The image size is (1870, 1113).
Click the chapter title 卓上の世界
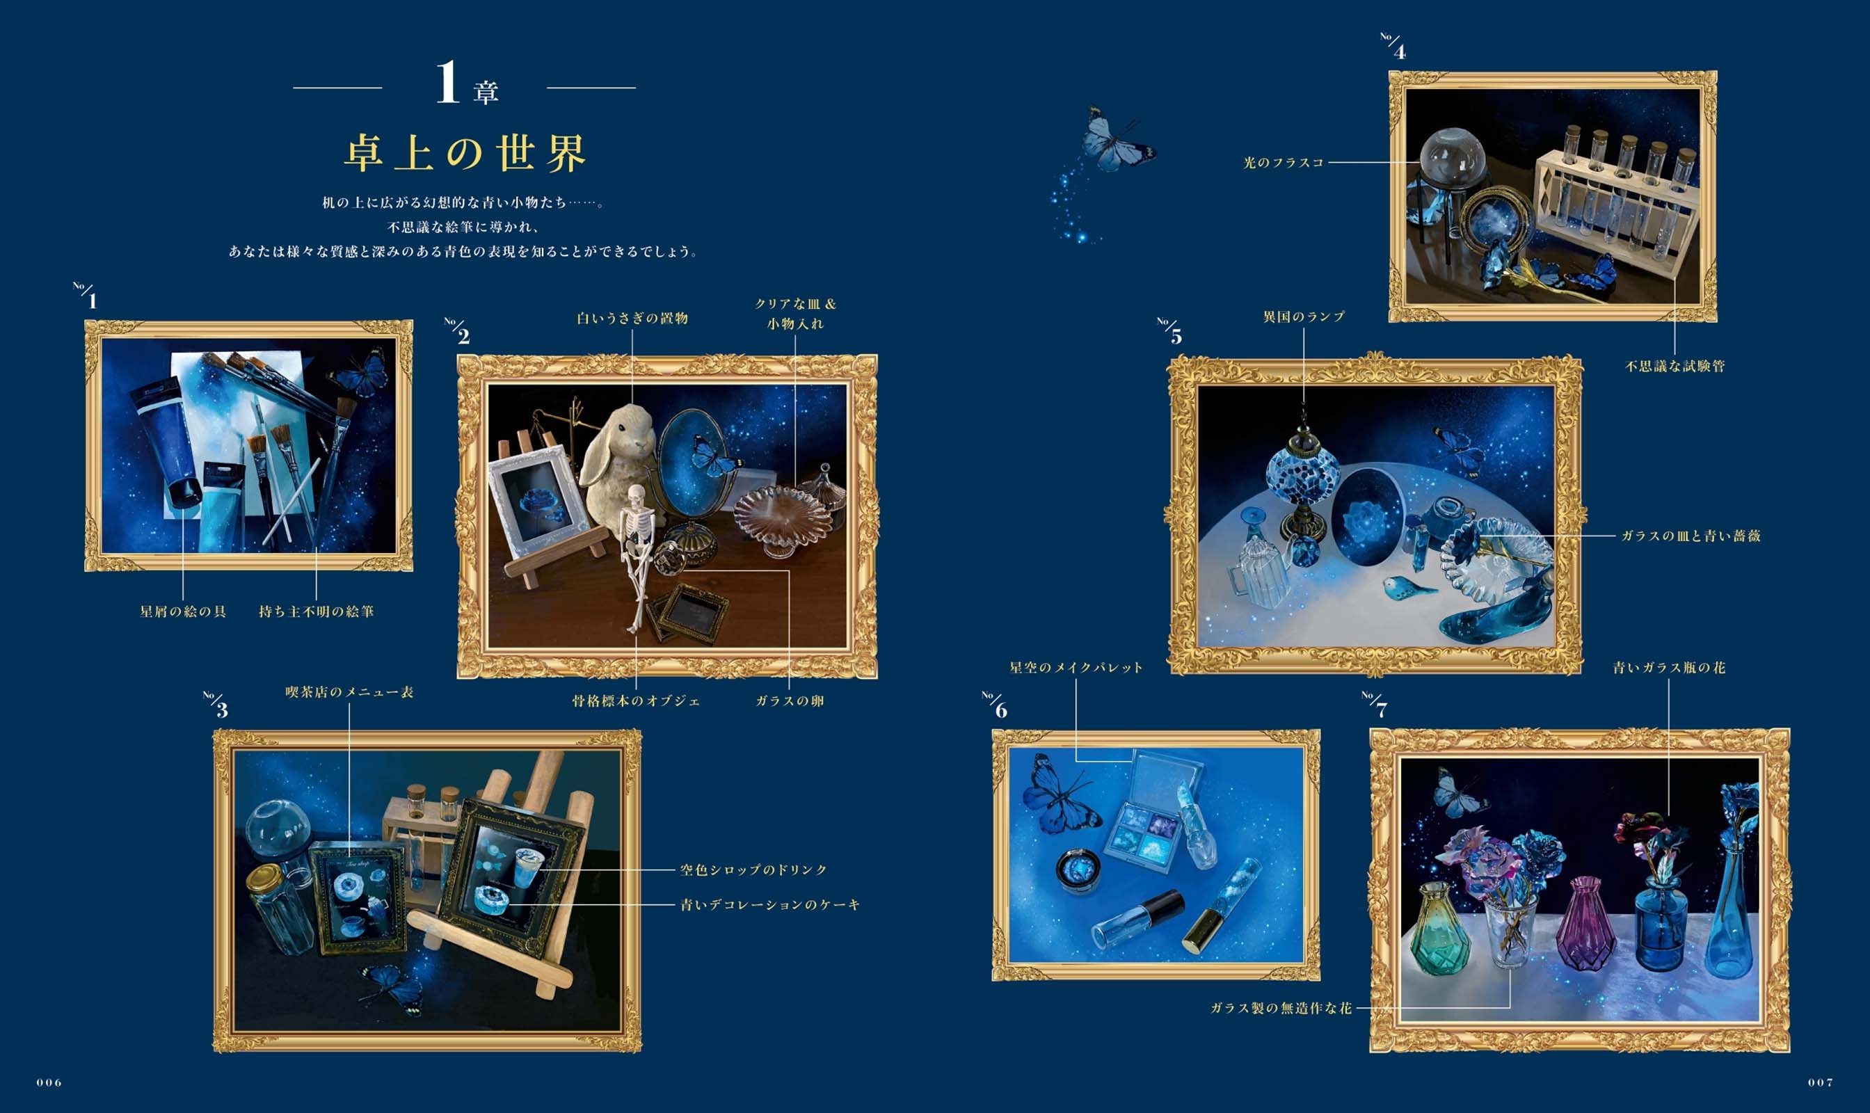[465, 154]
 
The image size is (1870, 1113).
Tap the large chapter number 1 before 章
[448, 83]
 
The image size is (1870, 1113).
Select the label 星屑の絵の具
[183, 611]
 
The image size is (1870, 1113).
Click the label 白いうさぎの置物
[632, 318]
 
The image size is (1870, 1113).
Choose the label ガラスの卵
[789, 700]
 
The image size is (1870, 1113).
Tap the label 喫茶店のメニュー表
[349, 691]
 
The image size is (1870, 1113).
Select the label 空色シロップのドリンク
[754, 870]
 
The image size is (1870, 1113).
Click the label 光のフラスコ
[1284, 162]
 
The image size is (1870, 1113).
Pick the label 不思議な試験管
[1675, 366]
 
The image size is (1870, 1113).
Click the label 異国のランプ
[1304, 317]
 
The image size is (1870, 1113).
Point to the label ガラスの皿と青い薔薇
[1691, 536]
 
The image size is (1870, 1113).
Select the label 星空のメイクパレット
[1076, 666]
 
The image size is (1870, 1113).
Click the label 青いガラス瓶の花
[1669, 666]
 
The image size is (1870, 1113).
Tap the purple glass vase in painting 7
[1585, 923]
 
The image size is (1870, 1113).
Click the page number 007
[1821, 1082]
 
